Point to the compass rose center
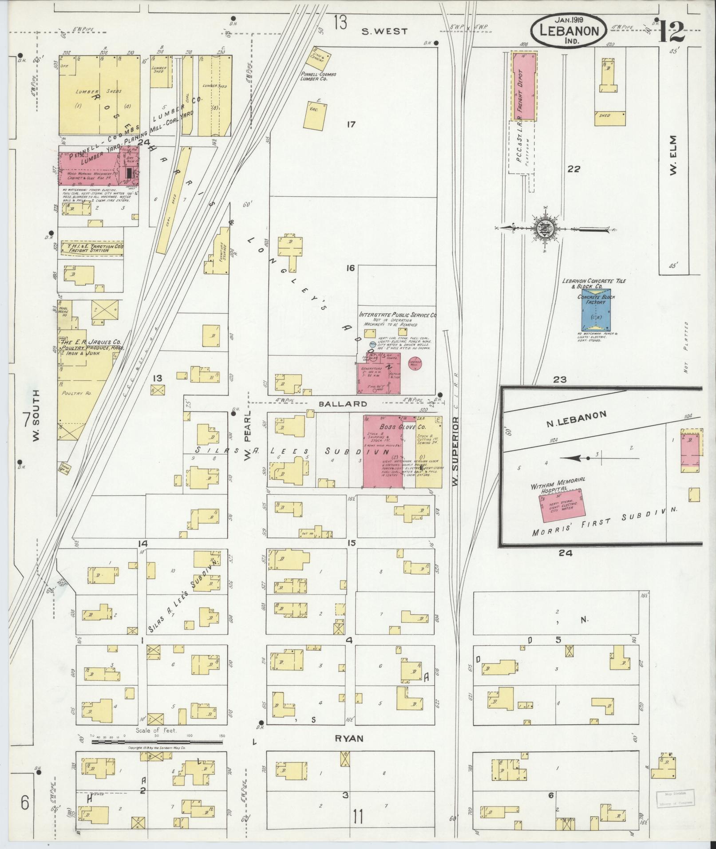click(546, 229)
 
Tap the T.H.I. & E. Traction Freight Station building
click(93, 248)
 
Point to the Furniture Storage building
click(217, 252)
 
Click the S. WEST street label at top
click(384, 31)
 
